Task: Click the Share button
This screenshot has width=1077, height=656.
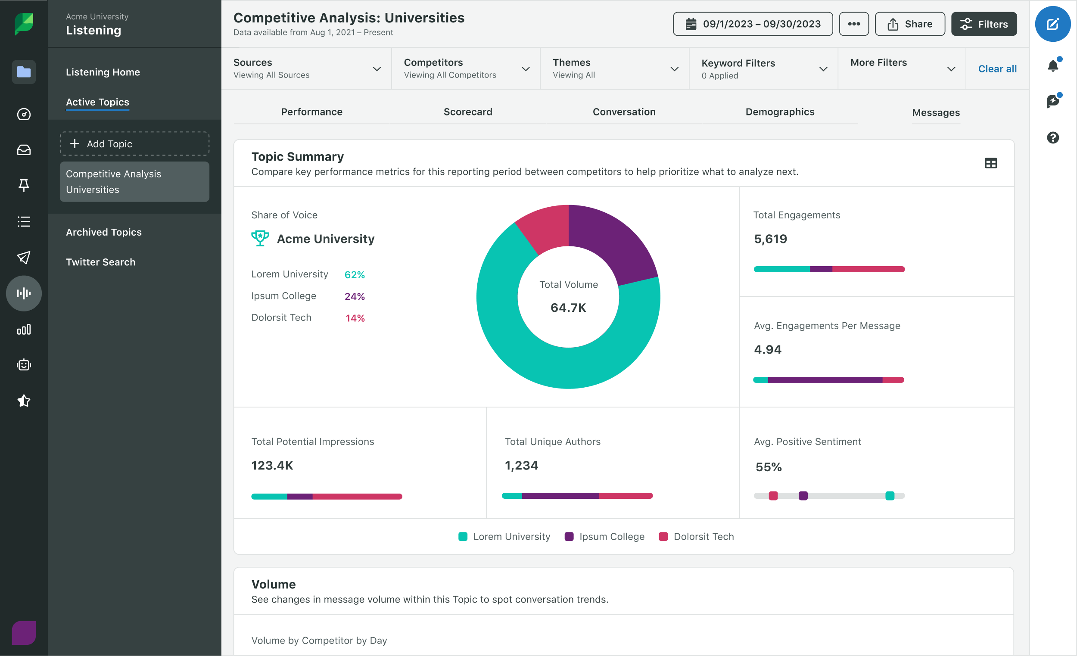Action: click(x=909, y=24)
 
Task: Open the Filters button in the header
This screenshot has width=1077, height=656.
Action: click(x=984, y=24)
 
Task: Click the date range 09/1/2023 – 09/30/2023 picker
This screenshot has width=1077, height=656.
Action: click(x=752, y=24)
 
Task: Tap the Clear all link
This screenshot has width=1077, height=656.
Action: click(x=997, y=68)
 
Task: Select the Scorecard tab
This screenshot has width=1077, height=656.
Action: click(x=468, y=112)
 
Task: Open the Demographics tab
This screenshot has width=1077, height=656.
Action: click(x=780, y=112)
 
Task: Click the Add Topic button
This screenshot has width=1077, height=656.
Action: click(x=134, y=144)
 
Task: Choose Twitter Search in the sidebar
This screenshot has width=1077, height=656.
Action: click(x=100, y=262)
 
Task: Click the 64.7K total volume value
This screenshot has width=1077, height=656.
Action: click(x=568, y=308)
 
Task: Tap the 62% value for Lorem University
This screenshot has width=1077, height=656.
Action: click(x=354, y=275)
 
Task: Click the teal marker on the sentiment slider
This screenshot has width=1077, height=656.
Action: click(x=890, y=496)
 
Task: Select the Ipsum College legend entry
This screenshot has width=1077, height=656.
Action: click(x=604, y=536)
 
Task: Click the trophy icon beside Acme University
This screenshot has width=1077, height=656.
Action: click(x=260, y=238)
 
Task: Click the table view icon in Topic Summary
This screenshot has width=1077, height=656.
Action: click(x=990, y=163)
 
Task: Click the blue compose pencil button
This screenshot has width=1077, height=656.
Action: click(x=1052, y=24)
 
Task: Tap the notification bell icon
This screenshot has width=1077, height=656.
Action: click(x=1052, y=66)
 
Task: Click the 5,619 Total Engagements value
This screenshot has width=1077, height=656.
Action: click(x=770, y=239)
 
